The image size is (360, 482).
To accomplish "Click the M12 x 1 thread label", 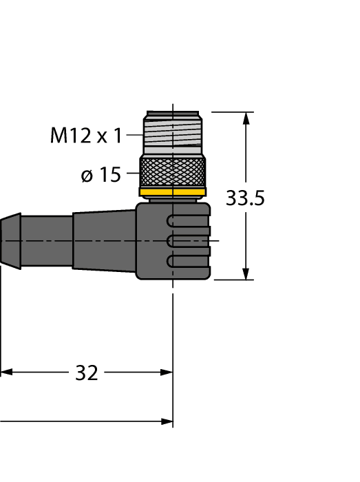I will pos(85,136).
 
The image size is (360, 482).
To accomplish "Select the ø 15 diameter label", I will pos(100,176).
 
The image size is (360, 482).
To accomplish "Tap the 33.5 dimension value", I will pos(245,198).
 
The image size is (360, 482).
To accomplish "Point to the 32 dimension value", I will pos(86,373).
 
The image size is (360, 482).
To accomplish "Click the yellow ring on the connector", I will pos(172,192).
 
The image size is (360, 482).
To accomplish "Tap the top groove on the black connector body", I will pos(189,220).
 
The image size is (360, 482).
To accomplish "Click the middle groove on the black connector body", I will pos(189,240).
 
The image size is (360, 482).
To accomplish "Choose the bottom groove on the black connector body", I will pos(189,260).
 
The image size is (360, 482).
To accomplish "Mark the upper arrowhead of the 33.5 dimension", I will pos(246,118).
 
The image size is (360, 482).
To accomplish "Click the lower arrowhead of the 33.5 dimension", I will pos(246,273).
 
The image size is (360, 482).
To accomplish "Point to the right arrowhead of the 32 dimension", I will pos(166,373).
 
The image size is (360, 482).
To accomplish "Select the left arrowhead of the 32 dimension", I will pos(6,373).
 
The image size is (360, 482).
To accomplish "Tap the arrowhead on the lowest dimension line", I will pos(166,421).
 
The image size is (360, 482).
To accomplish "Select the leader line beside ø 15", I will pos(132,176).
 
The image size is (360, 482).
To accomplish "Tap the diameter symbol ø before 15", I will pos(87,176).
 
